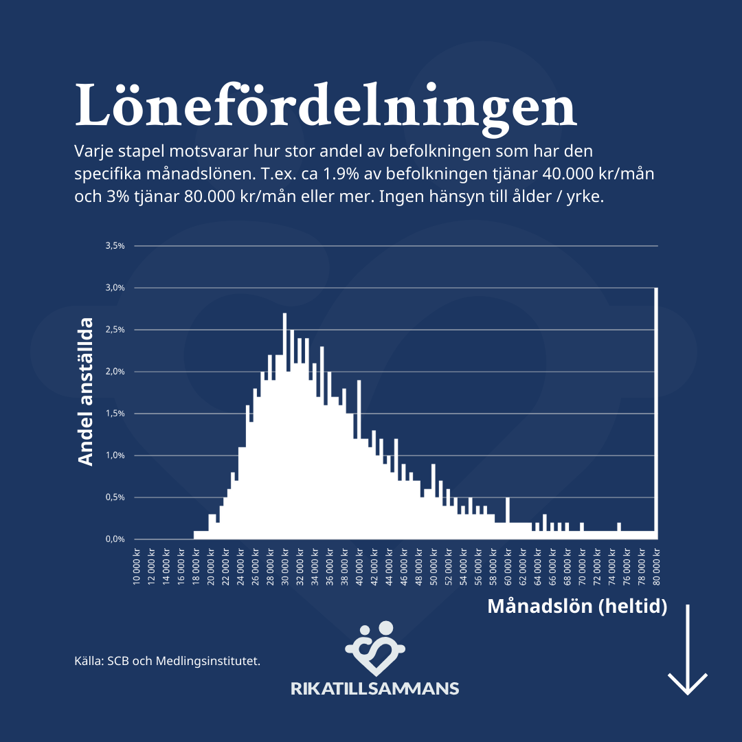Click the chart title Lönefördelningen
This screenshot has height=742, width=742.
point(325,106)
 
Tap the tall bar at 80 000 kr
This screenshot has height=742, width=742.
point(657,412)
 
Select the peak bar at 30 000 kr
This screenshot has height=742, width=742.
point(284,426)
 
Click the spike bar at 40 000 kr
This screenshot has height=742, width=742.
point(359,460)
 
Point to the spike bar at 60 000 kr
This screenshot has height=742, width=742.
point(508,519)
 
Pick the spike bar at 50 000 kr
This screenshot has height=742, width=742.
point(434,502)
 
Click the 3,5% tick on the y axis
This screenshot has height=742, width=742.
point(115,245)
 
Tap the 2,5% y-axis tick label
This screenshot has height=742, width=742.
point(115,330)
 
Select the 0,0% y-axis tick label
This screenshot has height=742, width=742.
point(115,539)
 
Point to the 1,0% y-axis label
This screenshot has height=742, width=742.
point(115,456)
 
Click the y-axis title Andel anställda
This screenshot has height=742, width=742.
point(86,392)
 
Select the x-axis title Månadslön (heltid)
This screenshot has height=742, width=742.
point(577,607)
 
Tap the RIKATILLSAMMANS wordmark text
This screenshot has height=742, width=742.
point(375,688)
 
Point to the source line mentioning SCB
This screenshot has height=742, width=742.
point(167,662)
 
